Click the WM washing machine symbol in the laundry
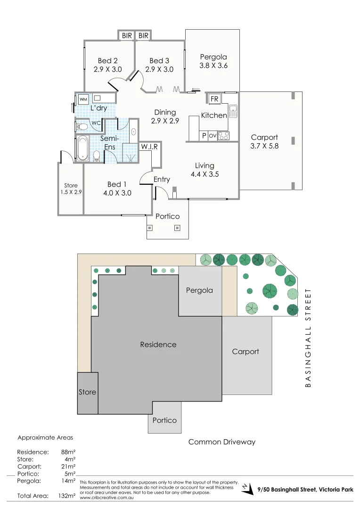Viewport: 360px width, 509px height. click(83, 99)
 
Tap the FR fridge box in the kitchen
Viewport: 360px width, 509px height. click(214, 99)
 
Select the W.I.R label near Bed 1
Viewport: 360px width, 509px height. click(149, 147)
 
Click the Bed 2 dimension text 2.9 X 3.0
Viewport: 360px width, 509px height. click(107, 69)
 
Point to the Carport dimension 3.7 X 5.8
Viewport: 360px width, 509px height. click(264, 146)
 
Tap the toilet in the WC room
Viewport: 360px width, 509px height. click(82, 127)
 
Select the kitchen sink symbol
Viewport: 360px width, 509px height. click(233, 111)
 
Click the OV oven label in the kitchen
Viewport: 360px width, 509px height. click(213, 136)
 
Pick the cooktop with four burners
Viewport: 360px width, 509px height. click(223, 136)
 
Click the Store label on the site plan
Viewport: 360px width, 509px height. click(88, 392)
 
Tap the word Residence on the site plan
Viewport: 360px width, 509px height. click(158, 345)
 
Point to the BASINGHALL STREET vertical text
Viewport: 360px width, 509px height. click(309, 338)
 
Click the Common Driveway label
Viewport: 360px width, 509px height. click(222, 442)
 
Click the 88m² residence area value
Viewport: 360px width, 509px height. click(69, 452)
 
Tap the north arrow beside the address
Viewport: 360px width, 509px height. click(247, 490)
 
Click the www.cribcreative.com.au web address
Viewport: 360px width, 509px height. click(106, 498)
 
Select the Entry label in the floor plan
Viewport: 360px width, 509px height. click(162, 179)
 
